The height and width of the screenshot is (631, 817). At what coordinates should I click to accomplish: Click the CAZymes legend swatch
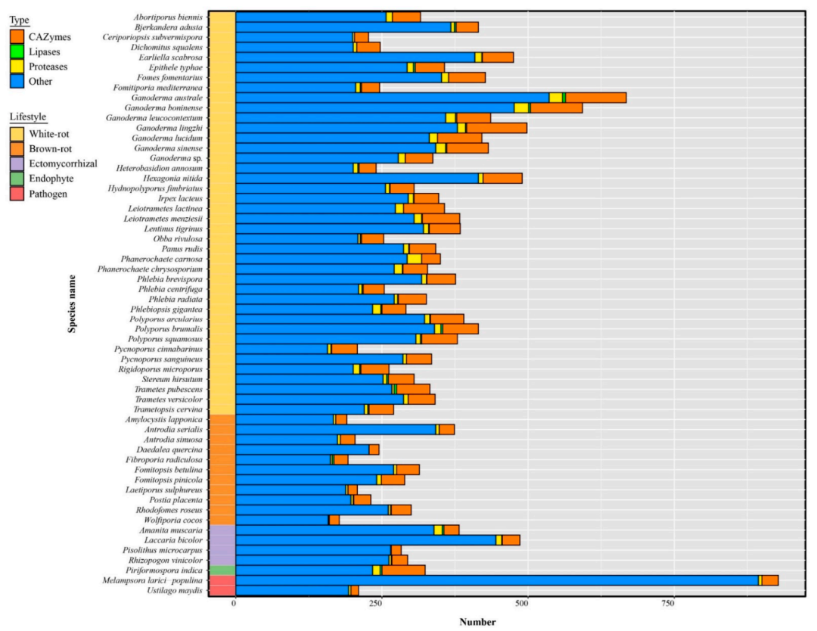[x=17, y=36]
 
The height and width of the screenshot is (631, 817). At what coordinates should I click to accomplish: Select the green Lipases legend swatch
[x=17, y=51]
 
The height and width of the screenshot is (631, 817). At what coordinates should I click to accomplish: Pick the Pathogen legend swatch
[x=17, y=194]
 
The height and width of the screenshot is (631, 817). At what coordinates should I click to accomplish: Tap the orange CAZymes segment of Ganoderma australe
[x=596, y=98]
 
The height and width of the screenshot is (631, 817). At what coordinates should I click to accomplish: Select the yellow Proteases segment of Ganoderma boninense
[x=521, y=107]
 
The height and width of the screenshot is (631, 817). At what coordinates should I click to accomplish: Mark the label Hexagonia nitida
[x=175, y=179]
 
